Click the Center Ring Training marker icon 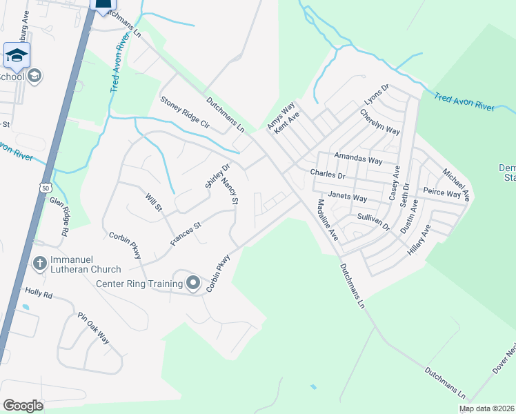193,283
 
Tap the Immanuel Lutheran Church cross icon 39,263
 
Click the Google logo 23,406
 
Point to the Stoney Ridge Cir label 184,113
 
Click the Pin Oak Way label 94,328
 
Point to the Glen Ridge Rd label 59,217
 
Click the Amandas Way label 357,159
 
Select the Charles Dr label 327,174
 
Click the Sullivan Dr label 373,221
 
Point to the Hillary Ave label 418,240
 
